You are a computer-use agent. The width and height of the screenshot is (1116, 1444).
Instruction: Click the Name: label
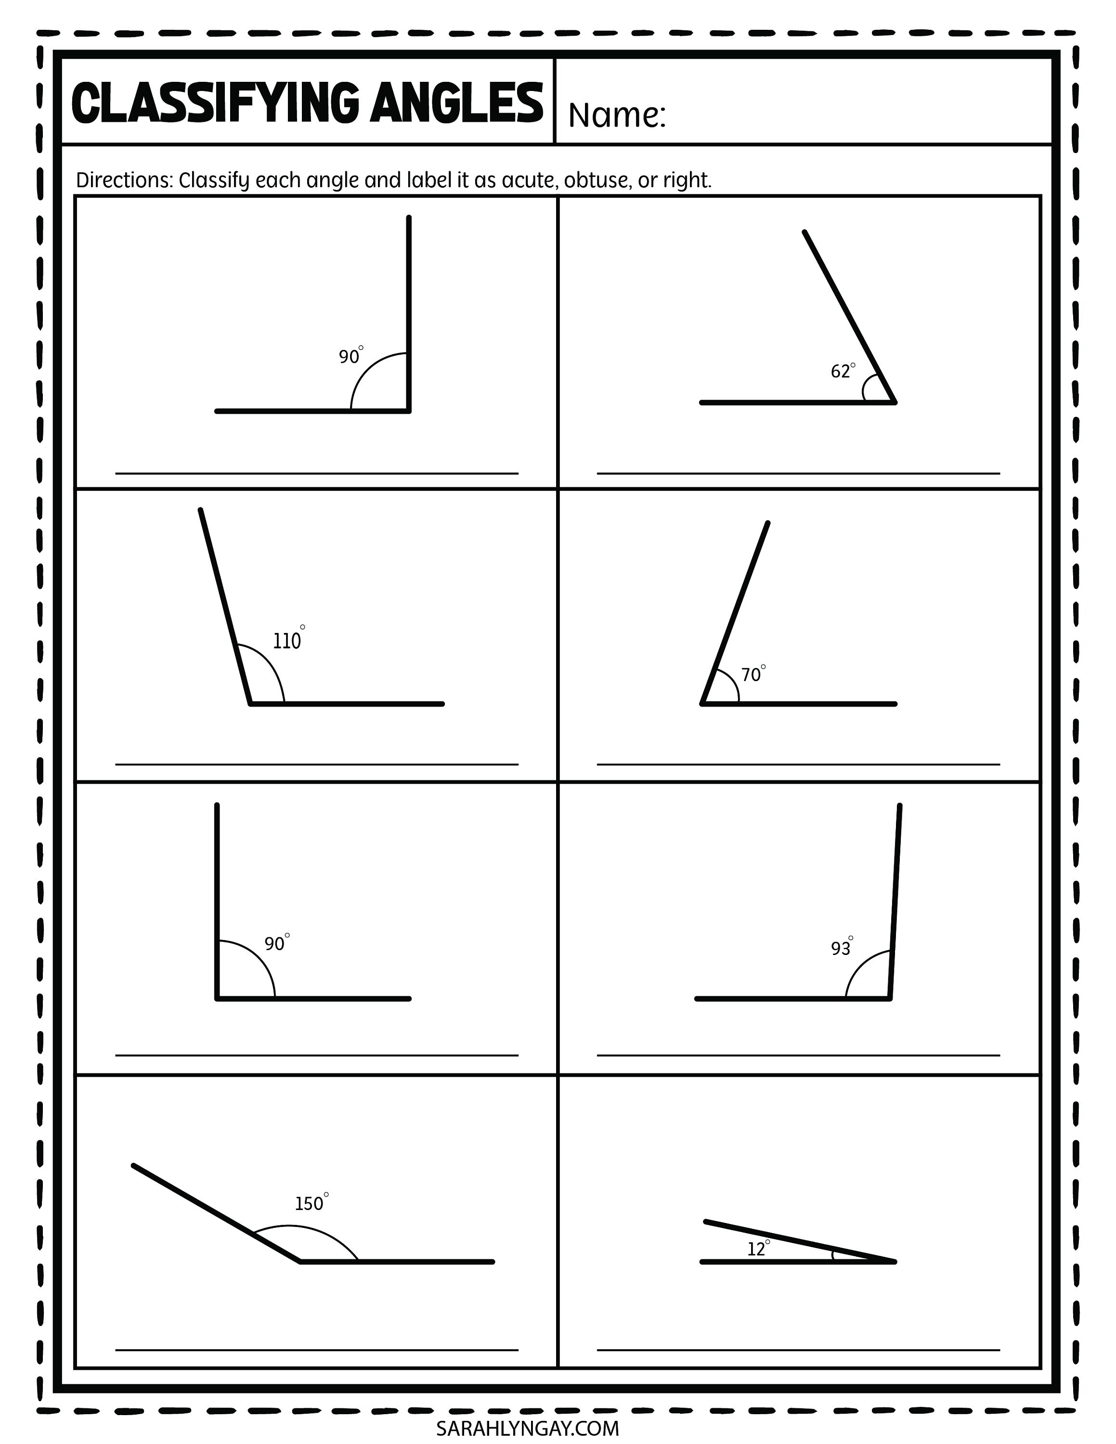616,116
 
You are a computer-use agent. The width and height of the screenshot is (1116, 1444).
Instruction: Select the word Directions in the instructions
124,180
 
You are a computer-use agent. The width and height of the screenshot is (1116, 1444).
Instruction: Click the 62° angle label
842,371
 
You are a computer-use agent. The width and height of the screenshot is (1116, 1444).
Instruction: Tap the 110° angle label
287,641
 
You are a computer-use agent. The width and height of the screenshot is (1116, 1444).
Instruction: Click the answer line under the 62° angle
798,474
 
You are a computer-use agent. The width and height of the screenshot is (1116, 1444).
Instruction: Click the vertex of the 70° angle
703,704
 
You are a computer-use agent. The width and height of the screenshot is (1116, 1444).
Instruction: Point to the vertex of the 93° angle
889,998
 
